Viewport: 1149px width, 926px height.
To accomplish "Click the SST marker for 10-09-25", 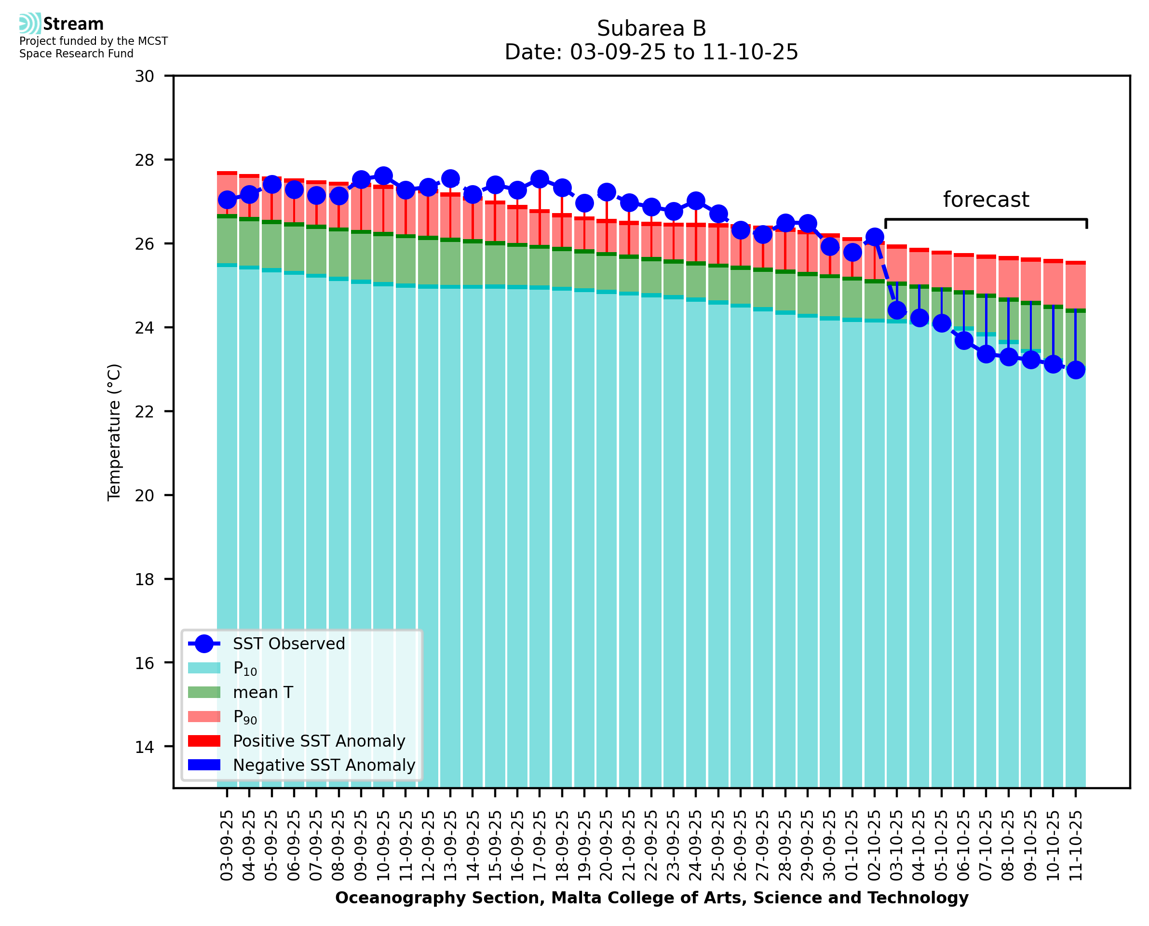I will pyautogui.click(x=383, y=175).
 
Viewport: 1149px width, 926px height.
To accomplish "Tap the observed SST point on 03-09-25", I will pyautogui.click(x=227, y=200).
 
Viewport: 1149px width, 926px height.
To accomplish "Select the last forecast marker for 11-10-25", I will pyautogui.click(x=1075, y=370).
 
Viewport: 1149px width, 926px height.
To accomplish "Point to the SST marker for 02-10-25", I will pyautogui.click(x=874, y=237).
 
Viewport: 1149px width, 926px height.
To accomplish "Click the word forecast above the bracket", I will pyautogui.click(x=986, y=200).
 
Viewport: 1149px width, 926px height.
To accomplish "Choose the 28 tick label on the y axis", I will pyautogui.click(x=144, y=160).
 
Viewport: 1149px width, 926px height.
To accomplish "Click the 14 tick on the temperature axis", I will pyautogui.click(x=144, y=747).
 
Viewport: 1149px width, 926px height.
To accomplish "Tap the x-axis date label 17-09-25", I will pyautogui.click(x=540, y=846).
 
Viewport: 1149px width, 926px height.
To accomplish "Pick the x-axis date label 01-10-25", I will pyautogui.click(x=852, y=846).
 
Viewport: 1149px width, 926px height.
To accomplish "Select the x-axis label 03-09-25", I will pyautogui.click(x=227, y=846).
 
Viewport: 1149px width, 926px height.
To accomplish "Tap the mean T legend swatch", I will pyautogui.click(x=204, y=692).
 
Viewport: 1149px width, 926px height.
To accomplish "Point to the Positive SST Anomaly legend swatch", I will pyautogui.click(x=204, y=741).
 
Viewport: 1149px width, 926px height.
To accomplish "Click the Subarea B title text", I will pyautogui.click(x=651, y=28).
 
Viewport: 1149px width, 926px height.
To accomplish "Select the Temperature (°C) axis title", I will pyautogui.click(x=114, y=432).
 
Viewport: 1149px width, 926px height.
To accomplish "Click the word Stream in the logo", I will pyautogui.click(x=73, y=24).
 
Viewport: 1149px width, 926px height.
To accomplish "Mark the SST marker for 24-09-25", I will pyautogui.click(x=696, y=201).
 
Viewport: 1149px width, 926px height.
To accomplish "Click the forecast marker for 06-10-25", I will pyautogui.click(x=963, y=340).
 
